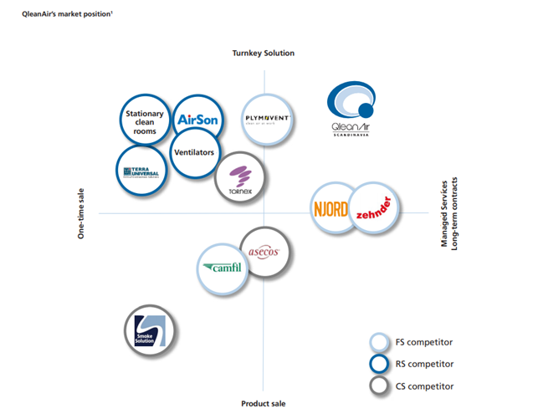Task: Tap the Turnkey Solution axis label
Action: [x=263, y=54]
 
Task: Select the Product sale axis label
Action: [x=263, y=403]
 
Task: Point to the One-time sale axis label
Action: [x=82, y=213]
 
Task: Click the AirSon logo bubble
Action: [x=197, y=120]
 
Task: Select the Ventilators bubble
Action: [x=194, y=153]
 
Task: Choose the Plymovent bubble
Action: [x=267, y=119]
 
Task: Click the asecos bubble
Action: [x=265, y=252]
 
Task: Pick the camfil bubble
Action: [x=223, y=268]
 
